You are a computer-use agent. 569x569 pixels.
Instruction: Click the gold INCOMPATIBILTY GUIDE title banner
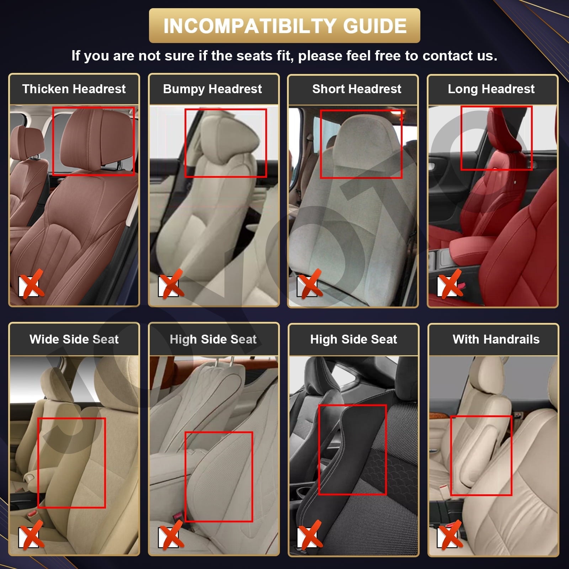[284, 26]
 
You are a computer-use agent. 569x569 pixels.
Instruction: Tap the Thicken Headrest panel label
[74, 89]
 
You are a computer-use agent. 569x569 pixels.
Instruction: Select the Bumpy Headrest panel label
[212, 89]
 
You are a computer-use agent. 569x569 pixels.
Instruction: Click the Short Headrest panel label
[356, 89]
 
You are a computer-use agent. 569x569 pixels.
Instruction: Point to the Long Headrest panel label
[491, 89]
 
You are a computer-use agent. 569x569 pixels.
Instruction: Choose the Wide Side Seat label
[74, 339]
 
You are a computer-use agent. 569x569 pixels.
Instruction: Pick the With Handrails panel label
[496, 339]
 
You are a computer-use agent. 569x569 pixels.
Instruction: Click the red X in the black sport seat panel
[310, 535]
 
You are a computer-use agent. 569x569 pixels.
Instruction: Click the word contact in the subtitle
[442, 56]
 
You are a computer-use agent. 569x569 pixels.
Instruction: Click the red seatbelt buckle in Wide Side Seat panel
[33, 514]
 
